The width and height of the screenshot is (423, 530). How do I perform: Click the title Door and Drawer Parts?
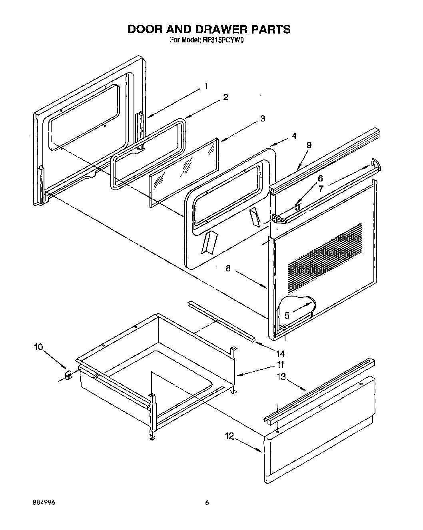tap(209, 29)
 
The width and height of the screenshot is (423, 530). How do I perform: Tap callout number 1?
tap(206, 86)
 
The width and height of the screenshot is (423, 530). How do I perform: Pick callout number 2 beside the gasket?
tap(225, 97)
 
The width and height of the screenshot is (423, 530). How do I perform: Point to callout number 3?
tap(262, 119)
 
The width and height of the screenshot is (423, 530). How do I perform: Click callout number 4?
tap(294, 136)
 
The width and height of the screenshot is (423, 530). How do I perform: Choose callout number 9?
tap(309, 145)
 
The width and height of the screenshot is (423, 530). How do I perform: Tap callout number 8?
tap(228, 268)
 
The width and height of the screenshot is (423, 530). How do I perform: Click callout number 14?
tap(280, 353)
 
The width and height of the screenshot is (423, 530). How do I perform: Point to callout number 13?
tap(282, 377)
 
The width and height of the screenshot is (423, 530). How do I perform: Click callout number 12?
tap(229, 436)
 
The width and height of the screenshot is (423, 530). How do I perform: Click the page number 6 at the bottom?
tap(207, 503)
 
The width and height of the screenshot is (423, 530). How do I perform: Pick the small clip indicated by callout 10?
tap(68, 375)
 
